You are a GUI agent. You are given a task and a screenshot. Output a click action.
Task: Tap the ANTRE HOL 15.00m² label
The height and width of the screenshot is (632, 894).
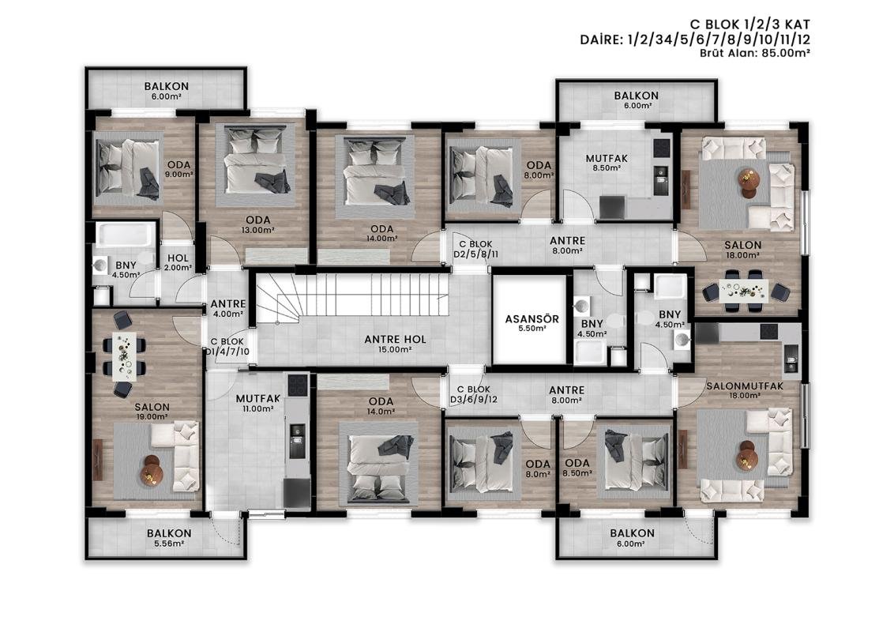coord(395,344)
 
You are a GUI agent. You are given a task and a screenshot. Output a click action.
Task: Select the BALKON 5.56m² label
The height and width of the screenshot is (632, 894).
coord(169,537)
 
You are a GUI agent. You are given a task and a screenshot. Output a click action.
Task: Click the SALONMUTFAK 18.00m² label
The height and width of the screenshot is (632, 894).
coord(745,390)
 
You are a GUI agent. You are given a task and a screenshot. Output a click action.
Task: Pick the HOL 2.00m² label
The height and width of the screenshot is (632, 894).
coord(178,263)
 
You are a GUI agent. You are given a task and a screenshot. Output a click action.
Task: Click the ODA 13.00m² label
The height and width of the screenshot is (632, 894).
coord(257,224)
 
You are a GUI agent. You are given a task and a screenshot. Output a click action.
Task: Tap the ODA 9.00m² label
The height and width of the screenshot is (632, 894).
coord(178,169)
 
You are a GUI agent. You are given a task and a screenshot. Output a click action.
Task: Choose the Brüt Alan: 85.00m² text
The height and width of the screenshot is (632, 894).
coord(755,53)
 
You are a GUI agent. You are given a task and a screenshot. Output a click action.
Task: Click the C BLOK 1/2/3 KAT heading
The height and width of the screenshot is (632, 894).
coord(749,24)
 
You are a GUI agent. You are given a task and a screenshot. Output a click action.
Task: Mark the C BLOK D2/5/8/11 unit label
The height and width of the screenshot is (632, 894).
coord(476,250)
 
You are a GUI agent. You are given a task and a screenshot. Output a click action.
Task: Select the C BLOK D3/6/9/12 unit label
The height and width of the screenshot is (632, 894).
coord(473,394)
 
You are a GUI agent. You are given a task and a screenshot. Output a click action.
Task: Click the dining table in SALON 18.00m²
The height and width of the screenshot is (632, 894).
coord(743,290)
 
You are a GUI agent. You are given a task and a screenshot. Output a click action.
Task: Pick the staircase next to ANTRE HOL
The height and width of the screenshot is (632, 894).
coord(352,298)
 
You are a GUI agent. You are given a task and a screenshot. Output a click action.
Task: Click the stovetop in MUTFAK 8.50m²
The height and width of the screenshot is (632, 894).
coord(661,148)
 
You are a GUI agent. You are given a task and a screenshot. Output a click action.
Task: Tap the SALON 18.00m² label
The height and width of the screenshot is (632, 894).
coord(742,250)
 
